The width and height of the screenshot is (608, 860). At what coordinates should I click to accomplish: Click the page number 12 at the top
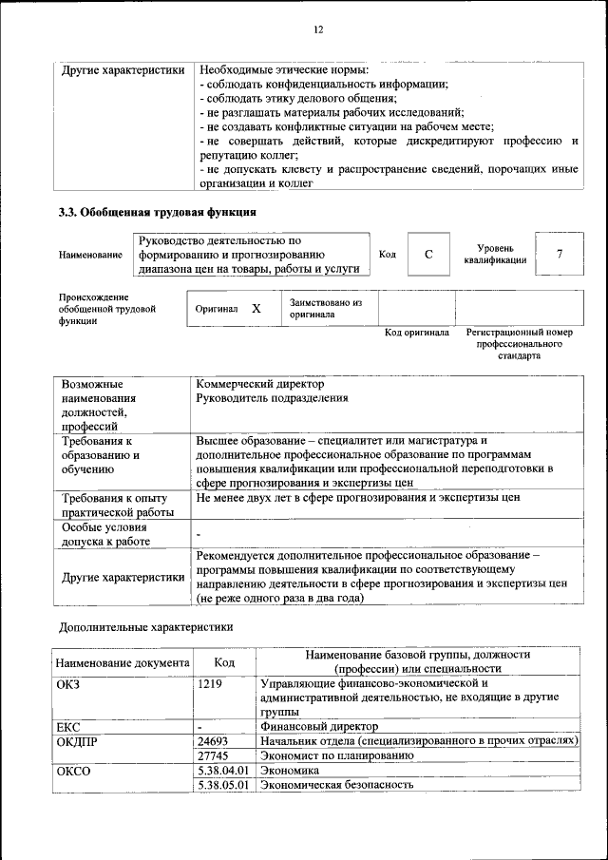(x=318, y=29)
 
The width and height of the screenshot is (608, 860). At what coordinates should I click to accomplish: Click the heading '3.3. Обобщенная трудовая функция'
(x=158, y=212)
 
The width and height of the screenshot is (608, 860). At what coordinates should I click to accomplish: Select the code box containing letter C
(x=428, y=254)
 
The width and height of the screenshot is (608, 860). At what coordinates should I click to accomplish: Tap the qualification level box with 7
(x=560, y=254)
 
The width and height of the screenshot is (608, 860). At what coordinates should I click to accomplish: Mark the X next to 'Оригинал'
(x=256, y=309)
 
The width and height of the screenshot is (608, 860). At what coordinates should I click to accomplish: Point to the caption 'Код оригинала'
(x=416, y=333)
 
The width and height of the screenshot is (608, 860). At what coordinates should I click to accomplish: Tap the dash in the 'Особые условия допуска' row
(x=199, y=534)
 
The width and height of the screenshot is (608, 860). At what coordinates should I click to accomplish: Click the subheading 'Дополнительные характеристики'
(x=145, y=627)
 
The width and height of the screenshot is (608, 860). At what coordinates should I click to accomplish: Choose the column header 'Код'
(x=224, y=661)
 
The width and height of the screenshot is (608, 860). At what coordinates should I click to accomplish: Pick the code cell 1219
(x=211, y=683)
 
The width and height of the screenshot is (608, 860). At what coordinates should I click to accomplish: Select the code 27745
(x=215, y=755)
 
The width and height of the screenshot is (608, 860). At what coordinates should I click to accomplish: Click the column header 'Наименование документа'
(x=123, y=662)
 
